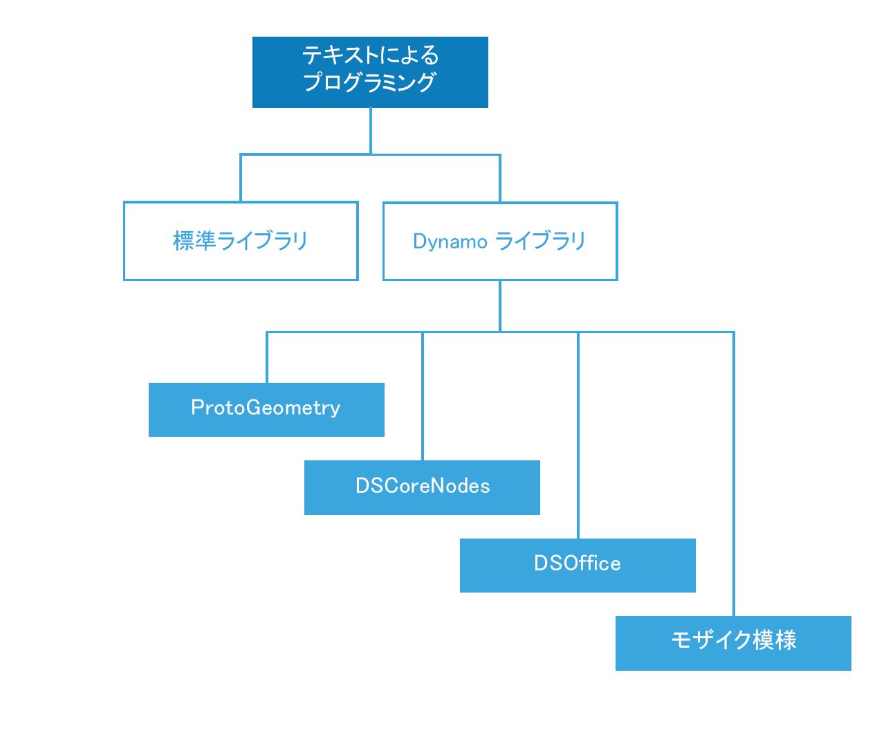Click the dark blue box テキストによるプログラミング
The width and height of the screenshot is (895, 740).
(x=370, y=72)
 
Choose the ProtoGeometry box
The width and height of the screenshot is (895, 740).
(x=266, y=410)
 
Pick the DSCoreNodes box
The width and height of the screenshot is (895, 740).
(x=422, y=487)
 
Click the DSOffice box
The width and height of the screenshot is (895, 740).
(x=578, y=566)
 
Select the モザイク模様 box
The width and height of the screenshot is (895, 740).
(x=733, y=644)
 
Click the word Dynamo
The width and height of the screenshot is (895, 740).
(x=450, y=242)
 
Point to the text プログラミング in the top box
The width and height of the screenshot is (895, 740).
(x=369, y=82)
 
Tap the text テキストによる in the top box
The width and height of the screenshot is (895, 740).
(x=370, y=55)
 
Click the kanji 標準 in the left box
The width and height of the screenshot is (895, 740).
(x=194, y=241)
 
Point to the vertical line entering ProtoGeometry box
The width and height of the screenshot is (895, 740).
(x=266, y=357)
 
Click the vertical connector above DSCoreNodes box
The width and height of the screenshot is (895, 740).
(x=422, y=396)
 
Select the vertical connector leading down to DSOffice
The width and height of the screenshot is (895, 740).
(x=578, y=435)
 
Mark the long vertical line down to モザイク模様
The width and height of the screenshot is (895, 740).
(x=733, y=474)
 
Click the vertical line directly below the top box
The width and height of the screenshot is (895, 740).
(x=370, y=131)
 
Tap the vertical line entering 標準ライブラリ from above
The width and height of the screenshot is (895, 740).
(x=241, y=178)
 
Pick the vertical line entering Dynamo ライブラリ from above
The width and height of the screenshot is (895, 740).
(x=500, y=178)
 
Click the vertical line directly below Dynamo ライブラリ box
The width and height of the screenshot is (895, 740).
(x=500, y=306)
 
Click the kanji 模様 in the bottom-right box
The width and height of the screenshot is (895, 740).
(x=775, y=640)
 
